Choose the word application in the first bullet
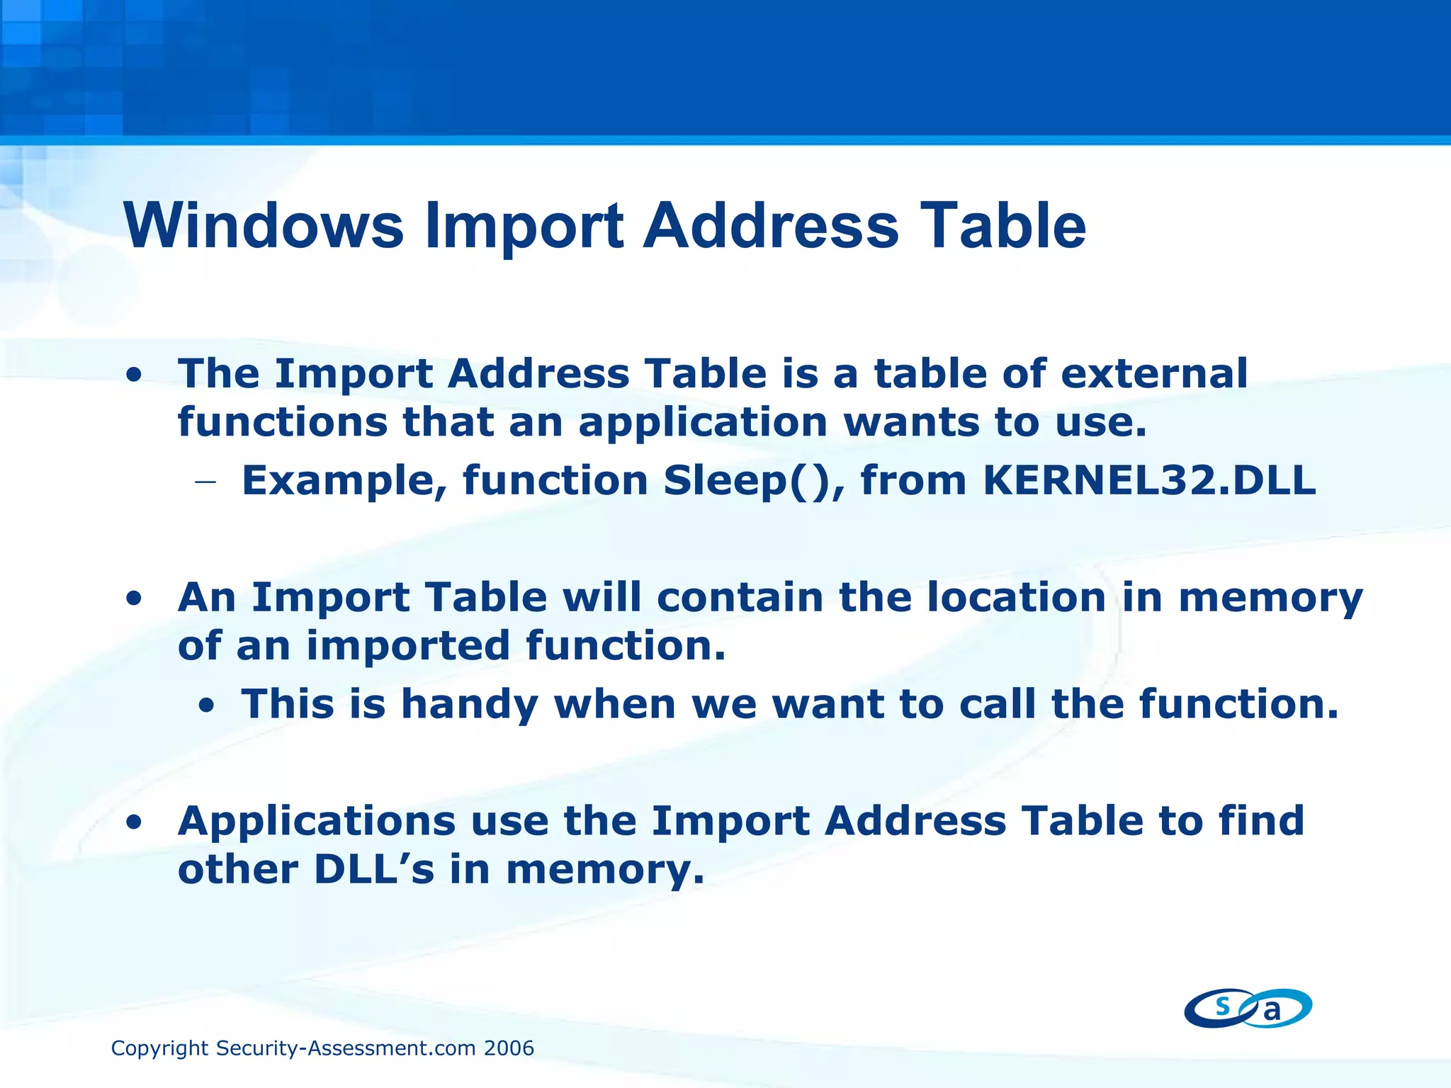(703, 423)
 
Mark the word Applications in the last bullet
(317, 822)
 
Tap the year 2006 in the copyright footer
(509, 1048)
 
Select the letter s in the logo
(1222, 1006)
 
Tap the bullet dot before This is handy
(206, 705)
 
